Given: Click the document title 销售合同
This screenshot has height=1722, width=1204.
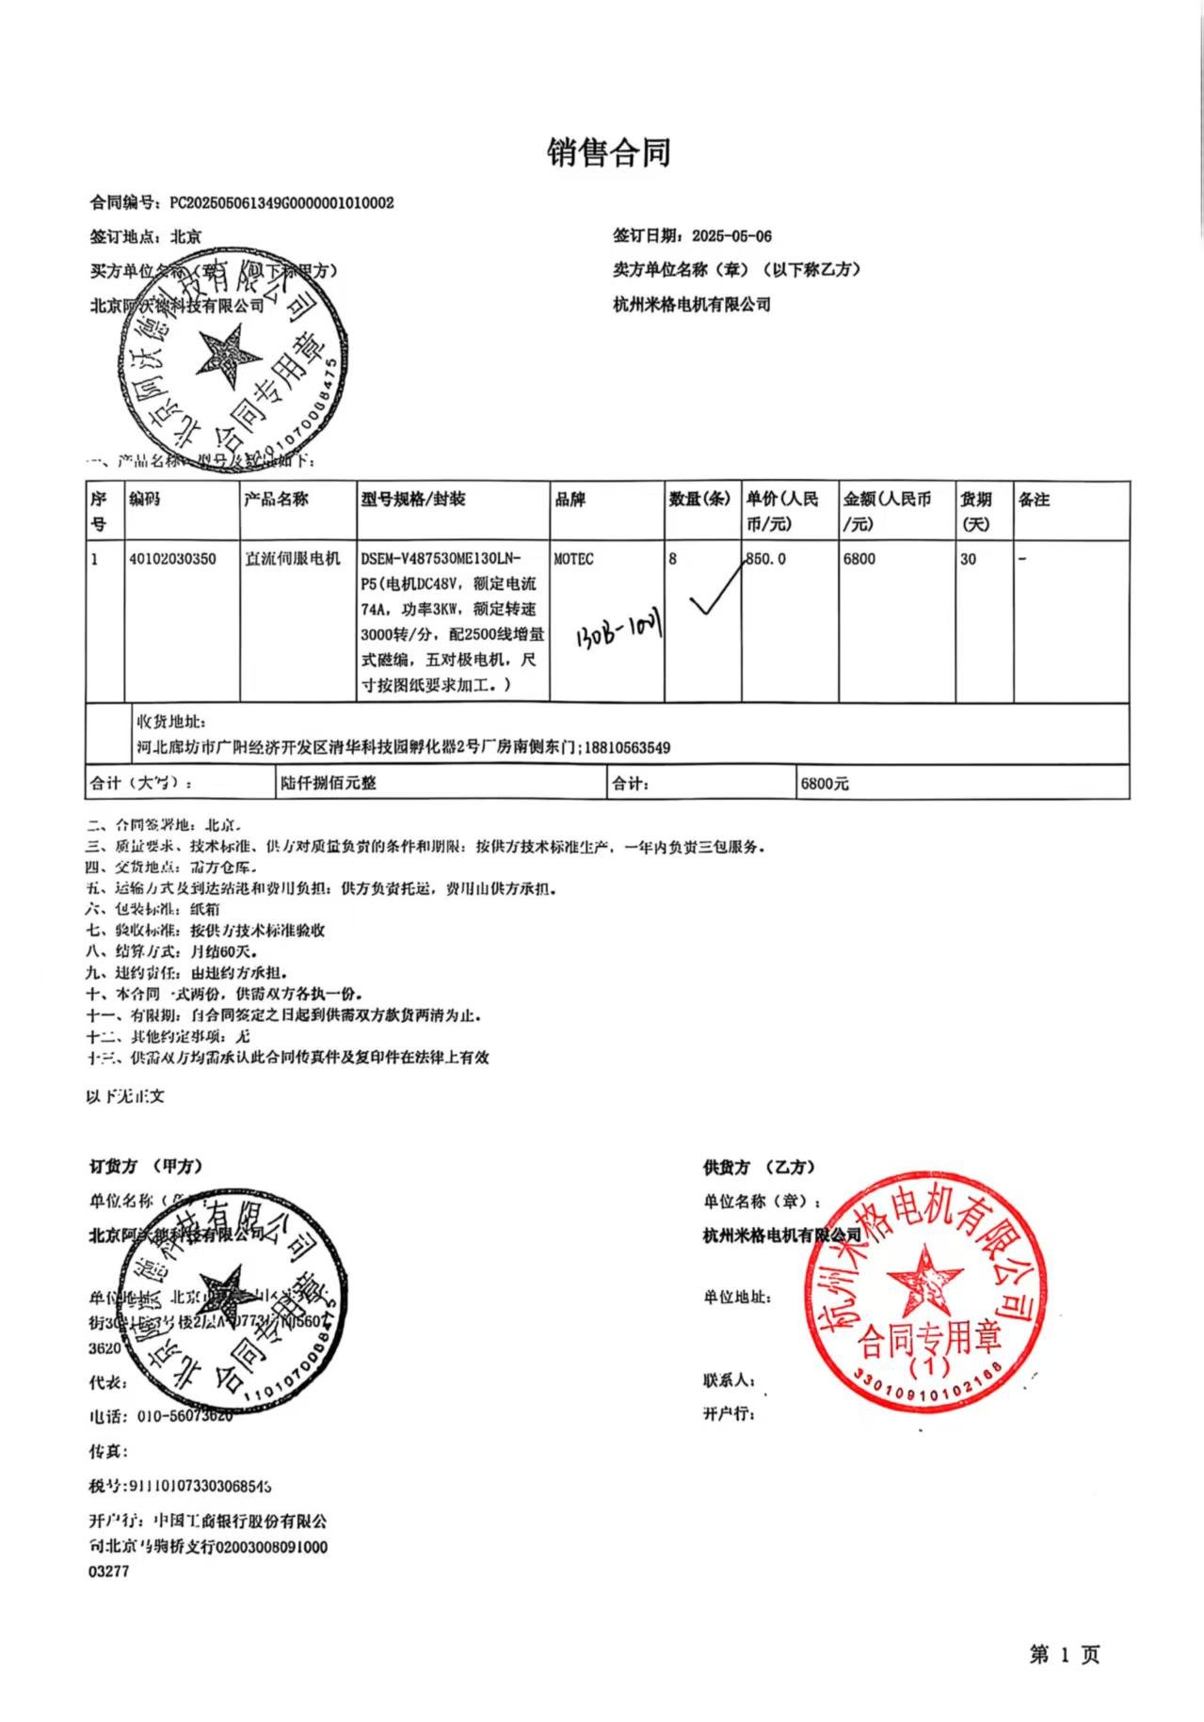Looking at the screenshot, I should click(608, 151).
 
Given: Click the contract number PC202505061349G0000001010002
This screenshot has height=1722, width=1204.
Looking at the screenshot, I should click(281, 202).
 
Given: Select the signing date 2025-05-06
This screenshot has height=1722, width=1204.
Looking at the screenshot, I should click(731, 236).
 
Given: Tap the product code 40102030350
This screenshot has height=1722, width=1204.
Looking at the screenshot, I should click(172, 559).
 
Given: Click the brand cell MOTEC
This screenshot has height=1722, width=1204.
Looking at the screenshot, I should click(573, 559).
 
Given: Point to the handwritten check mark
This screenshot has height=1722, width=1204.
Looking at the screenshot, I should click(714, 594).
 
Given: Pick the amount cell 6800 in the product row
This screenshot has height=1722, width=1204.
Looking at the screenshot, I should click(859, 559).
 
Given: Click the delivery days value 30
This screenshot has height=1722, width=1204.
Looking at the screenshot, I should click(968, 559).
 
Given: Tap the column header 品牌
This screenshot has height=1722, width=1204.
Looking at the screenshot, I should click(570, 499).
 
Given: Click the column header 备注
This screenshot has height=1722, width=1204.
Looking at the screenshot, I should click(1034, 499).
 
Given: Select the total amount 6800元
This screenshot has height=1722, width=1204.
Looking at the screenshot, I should click(824, 783).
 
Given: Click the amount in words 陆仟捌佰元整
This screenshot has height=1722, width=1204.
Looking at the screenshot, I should click(328, 783).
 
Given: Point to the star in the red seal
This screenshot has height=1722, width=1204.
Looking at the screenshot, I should click(924, 1281).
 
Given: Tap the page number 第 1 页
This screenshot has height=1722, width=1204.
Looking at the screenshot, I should click(1064, 1654).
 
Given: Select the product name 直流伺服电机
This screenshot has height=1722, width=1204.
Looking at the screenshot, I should click(292, 559).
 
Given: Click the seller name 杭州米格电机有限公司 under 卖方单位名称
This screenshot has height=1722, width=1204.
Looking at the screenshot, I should click(691, 304).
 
